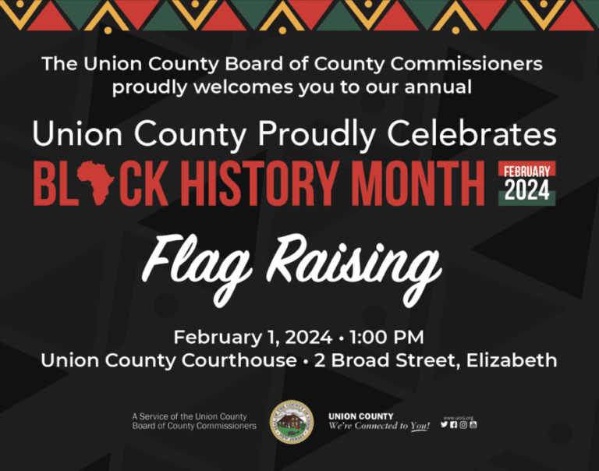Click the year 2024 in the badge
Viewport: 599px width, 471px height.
pos(526,190)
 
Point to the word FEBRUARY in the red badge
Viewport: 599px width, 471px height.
pos(526,172)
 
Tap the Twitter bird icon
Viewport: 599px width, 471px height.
pos(444,424)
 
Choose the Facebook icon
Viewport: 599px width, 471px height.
pos(454,424)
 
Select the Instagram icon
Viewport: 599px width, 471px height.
pos(463,424)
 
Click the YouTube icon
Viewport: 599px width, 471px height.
pos(473,424)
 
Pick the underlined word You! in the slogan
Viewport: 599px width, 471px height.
pos(420,427)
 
